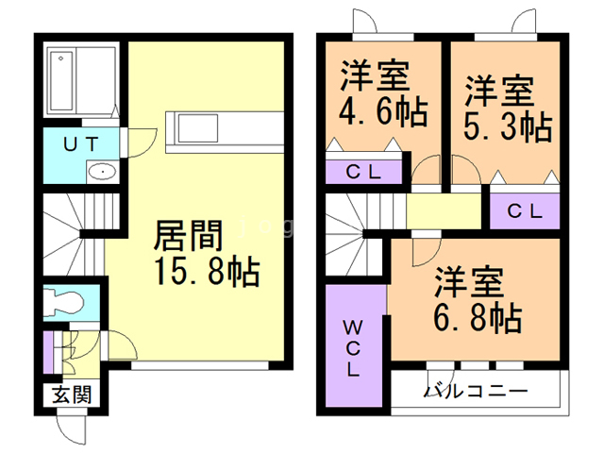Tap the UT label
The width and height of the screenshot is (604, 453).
click(81, 145)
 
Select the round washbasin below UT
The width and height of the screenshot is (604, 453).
click(99, 173)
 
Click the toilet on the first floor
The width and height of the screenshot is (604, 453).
click(68, 303)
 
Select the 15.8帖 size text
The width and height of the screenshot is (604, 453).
click(202, 273)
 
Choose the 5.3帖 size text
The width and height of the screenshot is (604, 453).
click(507, 126)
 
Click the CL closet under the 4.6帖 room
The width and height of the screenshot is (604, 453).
click(363, 173)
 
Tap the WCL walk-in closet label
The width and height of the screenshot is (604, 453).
click(352, 349)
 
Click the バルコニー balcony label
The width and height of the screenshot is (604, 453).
click(475, 391)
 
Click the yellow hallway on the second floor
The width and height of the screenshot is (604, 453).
click(444, 210)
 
